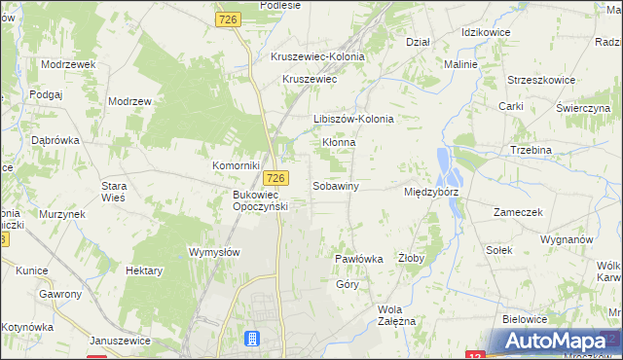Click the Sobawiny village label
tap(337, 186)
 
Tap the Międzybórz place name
tap(431, 193)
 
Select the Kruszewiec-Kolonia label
tap(317, 57)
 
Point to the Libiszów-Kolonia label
tap(353, 120)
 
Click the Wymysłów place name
tap(214, 251)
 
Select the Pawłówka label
tap(359, 259)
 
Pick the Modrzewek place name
tap(67, 63)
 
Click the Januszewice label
tap(120, 341)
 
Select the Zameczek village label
tap(517, 212)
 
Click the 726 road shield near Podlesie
tap(229, 19)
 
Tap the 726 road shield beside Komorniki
tap(277, 178)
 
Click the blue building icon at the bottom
tap(252, 339)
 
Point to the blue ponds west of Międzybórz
tap(448, 167)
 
